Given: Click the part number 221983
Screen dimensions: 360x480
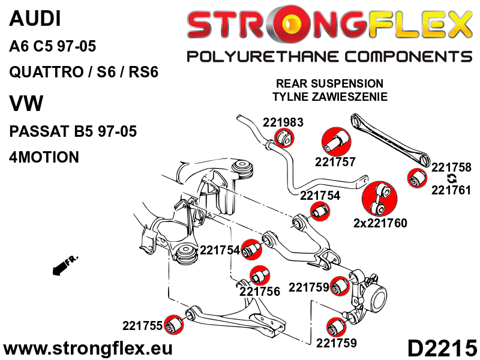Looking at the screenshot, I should tap(283, 122).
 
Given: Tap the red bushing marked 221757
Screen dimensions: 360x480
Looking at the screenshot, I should tap(337, 142).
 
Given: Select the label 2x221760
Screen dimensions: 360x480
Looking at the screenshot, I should tap(380, 223).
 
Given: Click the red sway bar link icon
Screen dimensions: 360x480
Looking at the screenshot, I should tap(379, 197).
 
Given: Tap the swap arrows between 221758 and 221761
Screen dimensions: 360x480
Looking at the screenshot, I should tap(452, 179).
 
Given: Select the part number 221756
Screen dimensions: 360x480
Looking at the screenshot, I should tap(260, 292).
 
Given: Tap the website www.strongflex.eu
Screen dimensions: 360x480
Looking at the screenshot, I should tap(88, 348).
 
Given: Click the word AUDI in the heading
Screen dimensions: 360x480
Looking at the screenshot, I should tap(35, 19).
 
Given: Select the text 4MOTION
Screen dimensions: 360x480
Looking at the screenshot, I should tap(44, 157).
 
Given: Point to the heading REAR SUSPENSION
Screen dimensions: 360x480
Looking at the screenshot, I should tap(329, 83).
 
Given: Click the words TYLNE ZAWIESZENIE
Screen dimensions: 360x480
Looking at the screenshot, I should tap(329, 96).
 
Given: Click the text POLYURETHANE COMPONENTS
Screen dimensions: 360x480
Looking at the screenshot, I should tap(329, 56).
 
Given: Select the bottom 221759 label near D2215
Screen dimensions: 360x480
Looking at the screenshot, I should tap(337, 343).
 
